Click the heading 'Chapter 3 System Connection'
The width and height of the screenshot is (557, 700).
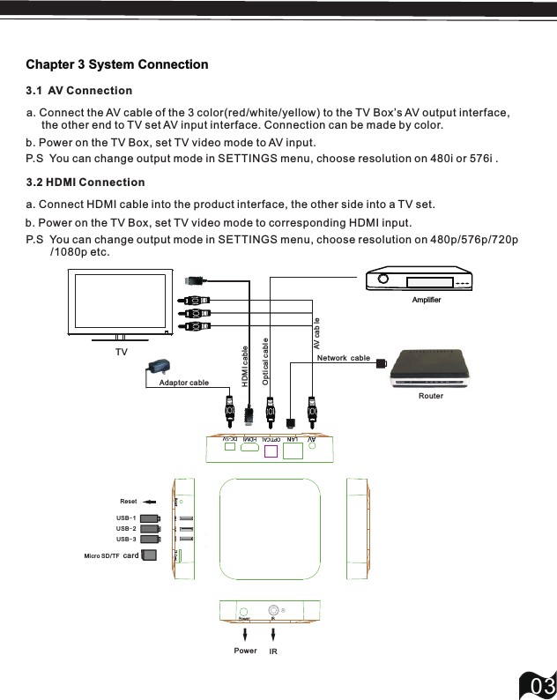pos(117,64)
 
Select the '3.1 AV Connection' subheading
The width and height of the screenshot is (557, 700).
pos(79,91)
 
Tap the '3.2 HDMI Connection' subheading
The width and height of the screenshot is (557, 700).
pos(85,182)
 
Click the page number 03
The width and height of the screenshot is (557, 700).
pos(539,685)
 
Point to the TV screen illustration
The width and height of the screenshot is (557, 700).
pos(121,302)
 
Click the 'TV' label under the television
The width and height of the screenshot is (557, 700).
pos(121,351)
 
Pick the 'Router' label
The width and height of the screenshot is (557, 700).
pos(431,396)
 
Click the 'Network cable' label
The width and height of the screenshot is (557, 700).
pos(343,358)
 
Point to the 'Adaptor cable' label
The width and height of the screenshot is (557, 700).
pos(183,383)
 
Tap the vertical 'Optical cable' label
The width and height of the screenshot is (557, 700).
pos(264,361)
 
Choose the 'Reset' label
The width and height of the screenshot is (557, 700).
pos(129,501)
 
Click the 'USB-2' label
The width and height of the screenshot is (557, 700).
pos(126,528)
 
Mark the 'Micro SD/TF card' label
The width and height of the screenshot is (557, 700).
pos(112,555)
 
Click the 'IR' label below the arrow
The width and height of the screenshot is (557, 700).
pos(273,652)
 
